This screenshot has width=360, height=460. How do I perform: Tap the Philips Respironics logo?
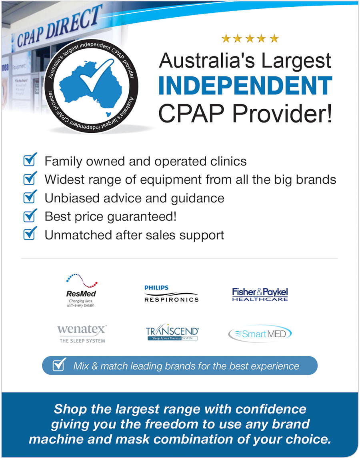171,294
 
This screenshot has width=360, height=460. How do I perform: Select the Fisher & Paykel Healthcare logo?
260,294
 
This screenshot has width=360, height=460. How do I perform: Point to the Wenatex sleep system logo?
82,334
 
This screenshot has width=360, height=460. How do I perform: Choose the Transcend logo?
172,332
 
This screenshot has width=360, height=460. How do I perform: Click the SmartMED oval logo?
260,334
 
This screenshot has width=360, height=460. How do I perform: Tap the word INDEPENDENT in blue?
245,86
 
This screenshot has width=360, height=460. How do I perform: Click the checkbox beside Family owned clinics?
30,160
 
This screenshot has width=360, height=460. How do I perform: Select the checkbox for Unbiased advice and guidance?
30,197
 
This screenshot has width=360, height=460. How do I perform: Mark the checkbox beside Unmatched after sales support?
30,234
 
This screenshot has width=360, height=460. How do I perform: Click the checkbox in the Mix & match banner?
59,364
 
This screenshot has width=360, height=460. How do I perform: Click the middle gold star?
250,38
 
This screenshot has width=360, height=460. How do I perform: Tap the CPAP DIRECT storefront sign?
59,26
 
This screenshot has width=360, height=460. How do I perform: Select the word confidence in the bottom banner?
271,409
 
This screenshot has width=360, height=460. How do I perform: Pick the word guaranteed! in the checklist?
142,217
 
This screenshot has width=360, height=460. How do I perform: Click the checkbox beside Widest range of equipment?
30,178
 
